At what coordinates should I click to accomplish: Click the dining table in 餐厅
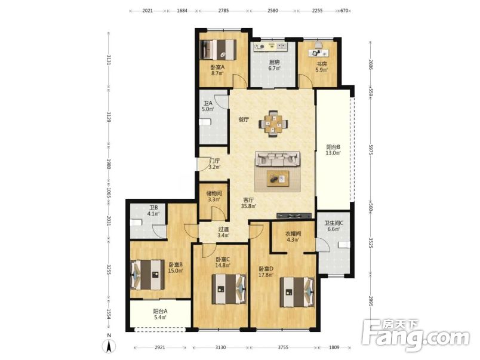pos(273,124)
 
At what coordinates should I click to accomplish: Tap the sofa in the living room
pos(278,159)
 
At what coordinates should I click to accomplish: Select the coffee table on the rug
pos(278,179)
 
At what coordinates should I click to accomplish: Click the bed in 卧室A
pos(219,50)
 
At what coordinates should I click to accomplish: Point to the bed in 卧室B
pos(147,275)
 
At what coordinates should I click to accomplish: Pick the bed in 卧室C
pos(229,289)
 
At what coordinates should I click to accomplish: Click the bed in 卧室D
pos(297,292)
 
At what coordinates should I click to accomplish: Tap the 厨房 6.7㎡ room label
pos(274,65)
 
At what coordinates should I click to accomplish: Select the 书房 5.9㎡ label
pos(322,67)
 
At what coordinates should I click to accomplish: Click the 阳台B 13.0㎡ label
pos(333,150)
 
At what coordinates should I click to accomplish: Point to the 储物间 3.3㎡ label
pos(214,196)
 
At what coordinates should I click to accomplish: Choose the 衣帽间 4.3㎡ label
pos(293,236)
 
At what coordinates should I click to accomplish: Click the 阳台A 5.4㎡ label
pos(160,315)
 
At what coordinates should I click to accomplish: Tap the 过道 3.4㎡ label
pos(223,232)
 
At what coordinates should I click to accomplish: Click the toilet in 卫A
pos(205,122)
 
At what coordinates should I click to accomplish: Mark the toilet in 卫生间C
pos(344,245)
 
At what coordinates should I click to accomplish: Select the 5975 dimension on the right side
pos(371,150)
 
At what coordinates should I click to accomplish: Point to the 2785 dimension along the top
pos(223,11)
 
